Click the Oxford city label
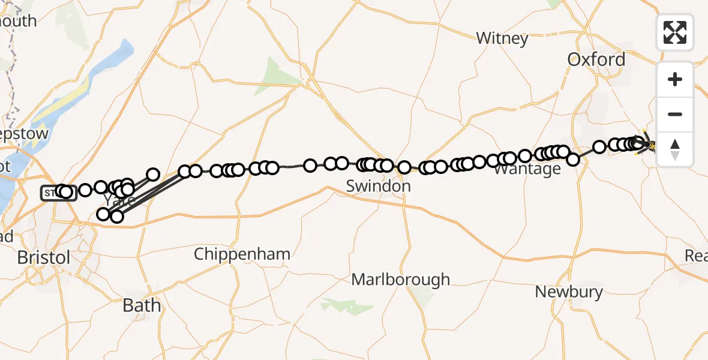(x=596, y=59)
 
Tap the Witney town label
(x=502, y=38)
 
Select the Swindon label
(x=379, y=186)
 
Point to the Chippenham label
(x=242, y=254)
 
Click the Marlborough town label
(x=400, y=280)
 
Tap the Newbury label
(x=569, y=292)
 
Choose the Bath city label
(x=142, y=305)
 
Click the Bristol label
(x=43, y=257)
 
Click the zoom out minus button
(x=675, y=114)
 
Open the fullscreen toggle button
(x=675, y=32)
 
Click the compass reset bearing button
(x=675, y=149)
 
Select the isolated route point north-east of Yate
(x=153, y=175)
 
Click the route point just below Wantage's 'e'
(x=573, y=160)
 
